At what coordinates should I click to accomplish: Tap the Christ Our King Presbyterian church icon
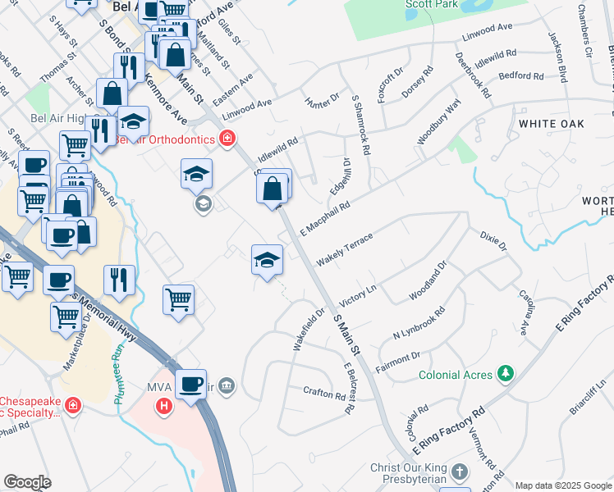[x=460, y=473]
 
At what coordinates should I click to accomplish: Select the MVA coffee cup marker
[x=191, y=385]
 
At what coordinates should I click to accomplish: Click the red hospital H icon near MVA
[x=165, y=405]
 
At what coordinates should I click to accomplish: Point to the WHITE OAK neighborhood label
[x=550, y=122]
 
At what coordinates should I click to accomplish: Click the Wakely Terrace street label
[x=345, y=248]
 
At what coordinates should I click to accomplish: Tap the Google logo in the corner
[x=27, y=482]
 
